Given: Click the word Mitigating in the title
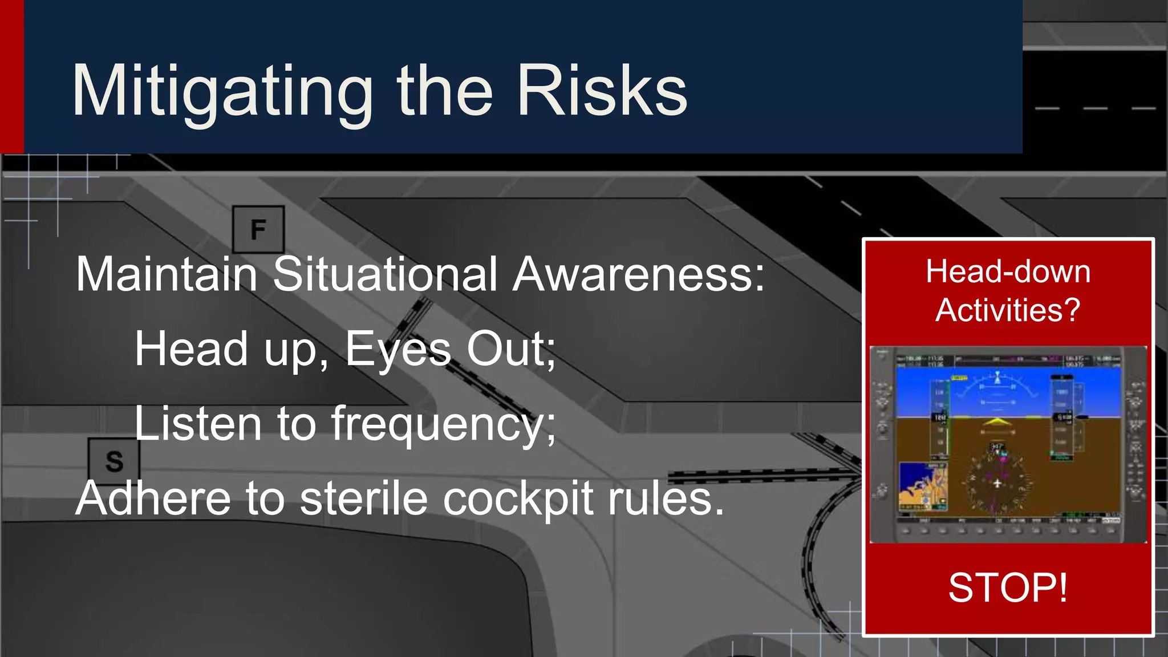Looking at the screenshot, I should coord(222,91).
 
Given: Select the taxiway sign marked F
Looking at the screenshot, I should coord(258,229).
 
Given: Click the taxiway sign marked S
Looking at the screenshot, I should coord(114,461).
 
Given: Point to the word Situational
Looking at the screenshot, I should coord(386,274).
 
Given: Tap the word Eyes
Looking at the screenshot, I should coord(398,349).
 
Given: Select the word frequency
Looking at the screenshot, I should coord(443,425).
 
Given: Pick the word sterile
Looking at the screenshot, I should coord(364,498).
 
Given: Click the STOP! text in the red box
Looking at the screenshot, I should coord(1008,587).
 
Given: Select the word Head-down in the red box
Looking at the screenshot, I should coord(1008,271).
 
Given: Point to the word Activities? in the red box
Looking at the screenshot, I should coord(1008,310).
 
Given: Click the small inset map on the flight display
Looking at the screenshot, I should coord(923,486).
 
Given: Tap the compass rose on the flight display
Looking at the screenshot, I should coord(997,482).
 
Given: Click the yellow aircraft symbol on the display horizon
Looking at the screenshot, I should coord(997,422).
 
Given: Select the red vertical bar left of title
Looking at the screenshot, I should coord(11,76).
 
